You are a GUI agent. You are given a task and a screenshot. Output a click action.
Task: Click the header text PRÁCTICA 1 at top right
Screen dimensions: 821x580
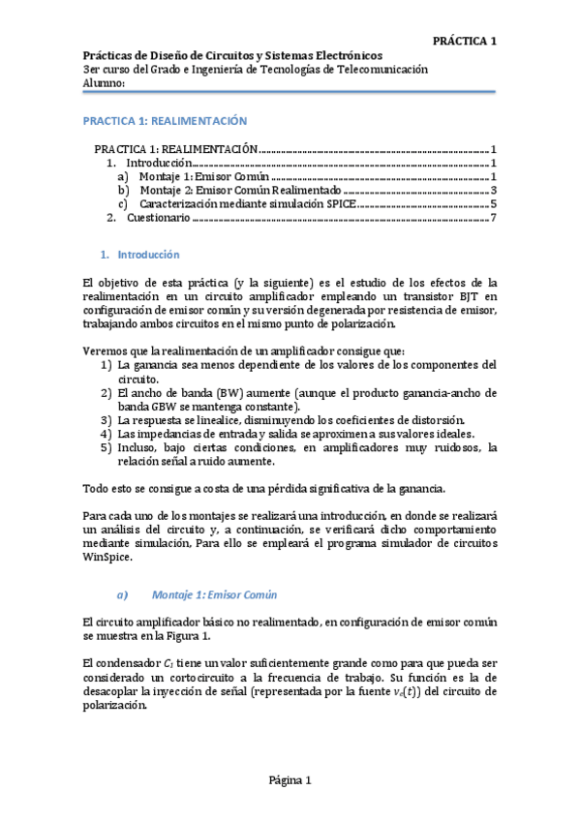464,41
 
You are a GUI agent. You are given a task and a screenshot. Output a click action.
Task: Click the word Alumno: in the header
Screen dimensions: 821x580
106,84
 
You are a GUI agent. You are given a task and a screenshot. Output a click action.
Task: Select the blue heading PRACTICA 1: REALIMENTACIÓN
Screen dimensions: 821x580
166,121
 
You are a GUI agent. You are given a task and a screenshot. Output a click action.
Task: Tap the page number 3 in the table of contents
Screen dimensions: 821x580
493,191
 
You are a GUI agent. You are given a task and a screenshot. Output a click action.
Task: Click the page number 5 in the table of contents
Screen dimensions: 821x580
493,204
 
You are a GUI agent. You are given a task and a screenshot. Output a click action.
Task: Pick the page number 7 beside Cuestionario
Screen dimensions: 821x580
493,218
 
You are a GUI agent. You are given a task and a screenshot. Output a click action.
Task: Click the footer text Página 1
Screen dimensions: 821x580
290,780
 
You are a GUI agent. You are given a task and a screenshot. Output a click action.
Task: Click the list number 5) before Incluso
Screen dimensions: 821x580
107,447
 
